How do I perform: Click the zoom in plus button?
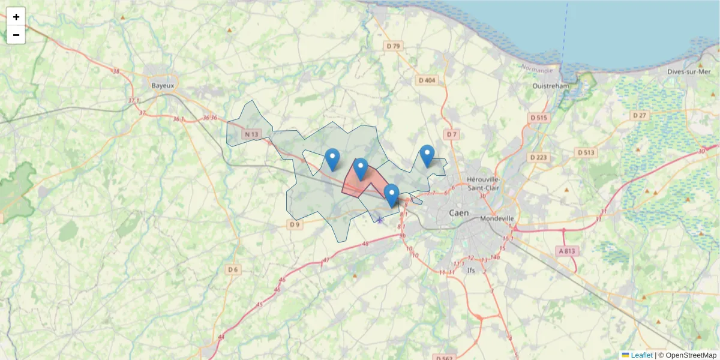pos(16,17)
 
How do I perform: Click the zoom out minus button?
pos(16,35)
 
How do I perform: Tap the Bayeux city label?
pos(163,86)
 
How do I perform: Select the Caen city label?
pos(459,213)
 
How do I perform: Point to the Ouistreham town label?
pos(551,86)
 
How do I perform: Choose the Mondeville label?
pos(497,218)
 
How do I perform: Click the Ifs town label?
pos(471,270)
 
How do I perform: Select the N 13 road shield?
pos(251,134)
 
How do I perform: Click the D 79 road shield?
pos(393,46)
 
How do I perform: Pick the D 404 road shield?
pos(428,80)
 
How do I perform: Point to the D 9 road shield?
pos(293,224)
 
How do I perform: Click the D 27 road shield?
pos(640,115)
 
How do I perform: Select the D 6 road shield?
pos(233,270)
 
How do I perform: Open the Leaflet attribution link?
pos(641,355)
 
